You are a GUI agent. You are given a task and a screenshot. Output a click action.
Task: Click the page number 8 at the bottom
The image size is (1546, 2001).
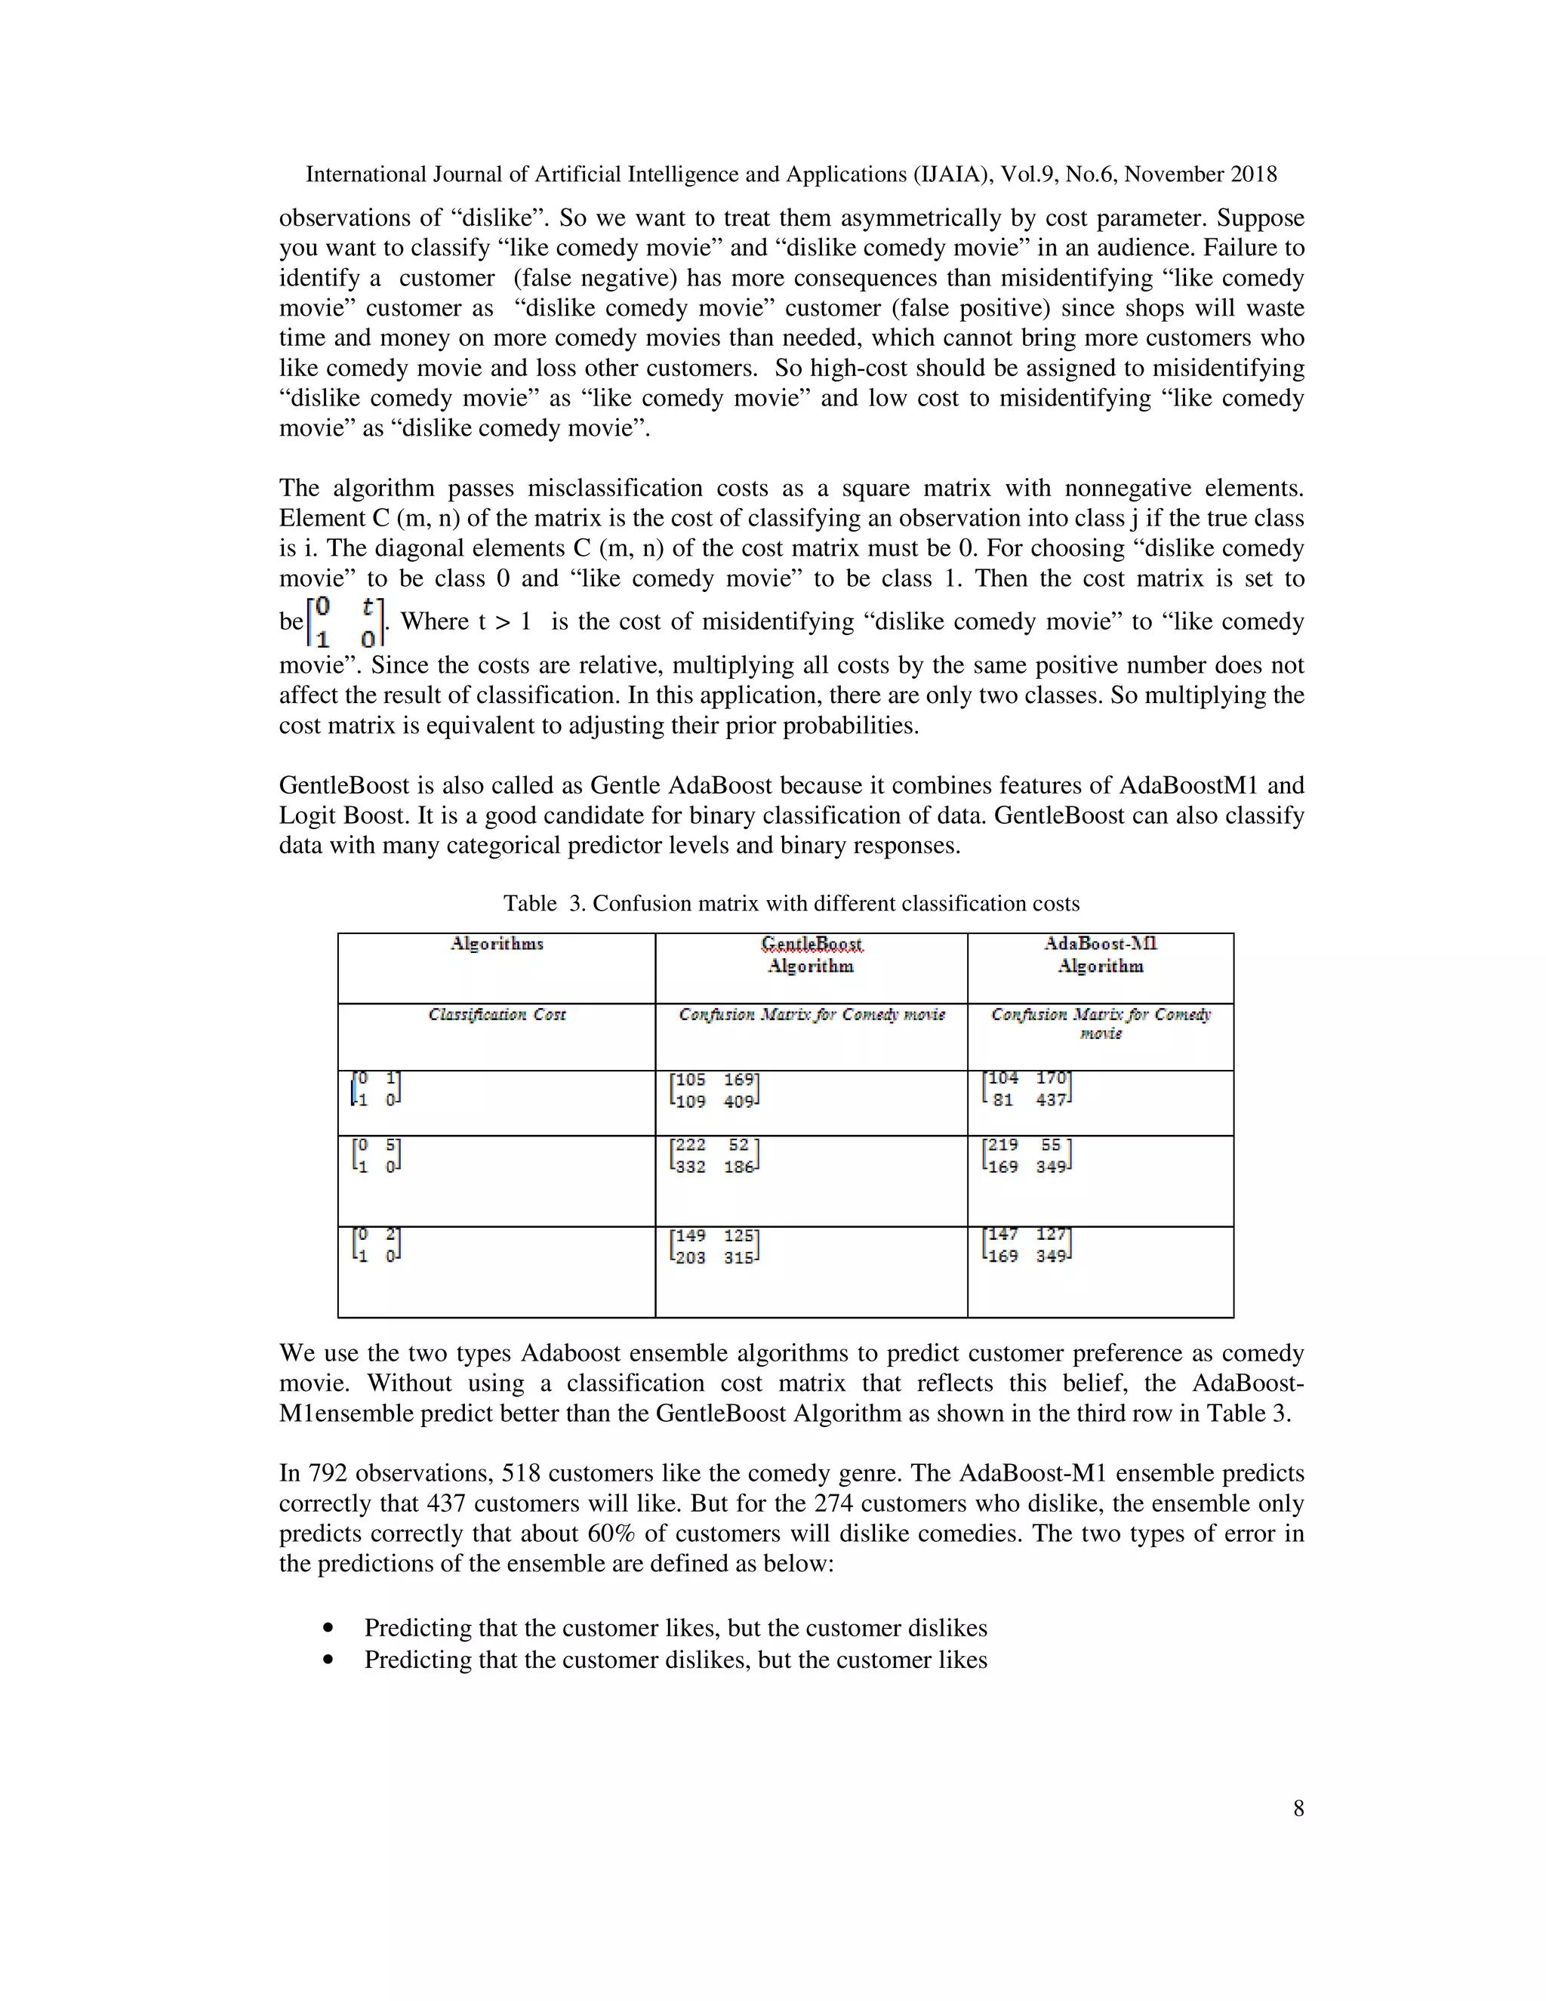tap(1298, 1808)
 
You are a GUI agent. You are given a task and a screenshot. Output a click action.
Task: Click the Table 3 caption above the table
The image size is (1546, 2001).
tap(791, 903)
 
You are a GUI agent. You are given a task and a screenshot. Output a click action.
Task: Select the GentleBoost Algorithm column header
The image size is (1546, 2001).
tap(811, 954)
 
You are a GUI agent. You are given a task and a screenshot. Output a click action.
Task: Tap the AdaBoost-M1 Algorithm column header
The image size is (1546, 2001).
tap(1100, 954)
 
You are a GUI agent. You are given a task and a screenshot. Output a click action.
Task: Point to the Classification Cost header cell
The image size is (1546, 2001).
tap(497, 1014)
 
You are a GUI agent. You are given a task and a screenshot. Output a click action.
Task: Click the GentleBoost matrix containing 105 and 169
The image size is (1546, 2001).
tap(714, 1090)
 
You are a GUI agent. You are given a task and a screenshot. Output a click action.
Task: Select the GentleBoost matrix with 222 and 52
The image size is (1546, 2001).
tap(714, 1155)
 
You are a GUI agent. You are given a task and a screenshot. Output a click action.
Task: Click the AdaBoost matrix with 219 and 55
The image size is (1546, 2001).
tap(1027, 1155)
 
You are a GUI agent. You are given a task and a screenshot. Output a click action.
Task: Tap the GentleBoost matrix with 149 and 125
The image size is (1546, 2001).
tap(714, 1246)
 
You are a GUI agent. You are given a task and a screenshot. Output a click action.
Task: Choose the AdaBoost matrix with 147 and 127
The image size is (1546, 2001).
tap(1027, 1245)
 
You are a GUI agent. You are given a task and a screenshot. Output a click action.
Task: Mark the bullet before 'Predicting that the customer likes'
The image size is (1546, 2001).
tap(329, 1628)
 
